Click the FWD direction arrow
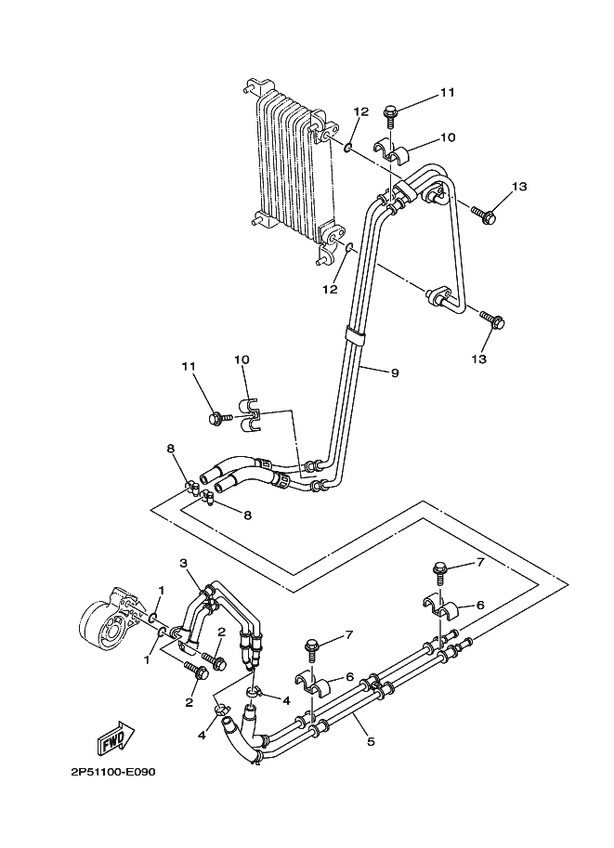coord(115,737)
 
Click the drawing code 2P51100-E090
coord(112,772)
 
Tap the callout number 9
coord(395,372)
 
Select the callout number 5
coord(372,741)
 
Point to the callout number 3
coord(183,564)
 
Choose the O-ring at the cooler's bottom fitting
coord(350,248)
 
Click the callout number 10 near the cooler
coord(448,137)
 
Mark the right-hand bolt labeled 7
coord(439,574)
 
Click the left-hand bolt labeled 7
coord(312,650)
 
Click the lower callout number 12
coord(330,290)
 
